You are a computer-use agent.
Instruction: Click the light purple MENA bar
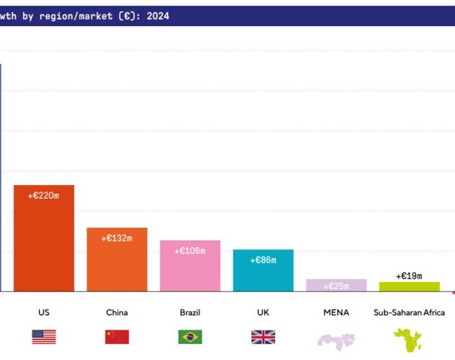(x=336, y=285)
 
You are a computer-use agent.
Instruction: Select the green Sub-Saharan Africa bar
(x=409, y=286)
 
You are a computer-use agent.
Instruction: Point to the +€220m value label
(x=44, y=195)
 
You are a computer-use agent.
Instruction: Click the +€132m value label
(x=117, y=238)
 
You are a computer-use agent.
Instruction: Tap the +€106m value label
(x=190, y=251)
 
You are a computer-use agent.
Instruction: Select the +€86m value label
(x=263, y=260)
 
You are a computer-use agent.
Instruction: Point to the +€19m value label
(x=409, y=275)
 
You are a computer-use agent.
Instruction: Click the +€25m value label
(x=336, y=286)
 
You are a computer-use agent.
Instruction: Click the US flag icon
(x=44, y=337)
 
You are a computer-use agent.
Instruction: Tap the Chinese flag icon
(x=117, y=337)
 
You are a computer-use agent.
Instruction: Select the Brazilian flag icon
(x=190, y=337)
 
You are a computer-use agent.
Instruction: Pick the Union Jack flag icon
(x=263, y=337)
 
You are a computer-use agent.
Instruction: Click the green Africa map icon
(x=407, y=339)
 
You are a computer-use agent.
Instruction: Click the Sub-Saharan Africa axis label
(x=409, y=313)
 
